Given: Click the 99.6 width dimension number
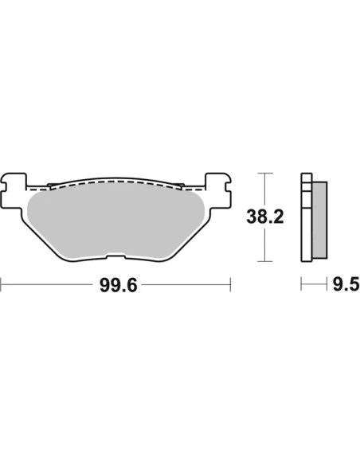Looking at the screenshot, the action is (x=119, y=286).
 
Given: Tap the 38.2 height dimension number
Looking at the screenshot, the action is (x=265, y=217).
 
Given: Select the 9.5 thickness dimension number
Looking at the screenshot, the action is (x=346, y=284).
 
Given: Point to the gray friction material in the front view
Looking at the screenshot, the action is (x=115, y=222).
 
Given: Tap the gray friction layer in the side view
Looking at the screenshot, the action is (x=319, y=220).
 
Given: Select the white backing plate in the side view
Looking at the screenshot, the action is (x=307, y=217).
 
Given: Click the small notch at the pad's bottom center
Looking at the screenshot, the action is (x=115, y=256).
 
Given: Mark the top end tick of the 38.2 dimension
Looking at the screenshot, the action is (x=264, y=173).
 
